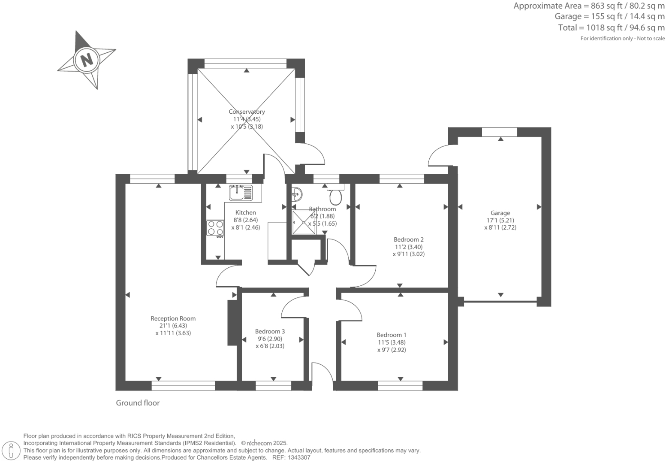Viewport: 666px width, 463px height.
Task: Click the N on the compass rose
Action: tap(87, 60)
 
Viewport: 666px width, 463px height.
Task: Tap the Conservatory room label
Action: tap(247, 112)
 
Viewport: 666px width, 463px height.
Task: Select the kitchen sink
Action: tap(241, 193)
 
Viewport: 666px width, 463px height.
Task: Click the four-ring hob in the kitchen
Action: tap(215, 228)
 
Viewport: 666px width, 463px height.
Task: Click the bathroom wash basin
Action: tap(297, 195)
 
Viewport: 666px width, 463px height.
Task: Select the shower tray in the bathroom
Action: tap(304, 222)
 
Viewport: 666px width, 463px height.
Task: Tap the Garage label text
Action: tap(500, 213)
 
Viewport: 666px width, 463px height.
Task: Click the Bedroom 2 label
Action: tap(409, 239)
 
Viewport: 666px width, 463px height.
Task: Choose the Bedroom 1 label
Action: tap(391, 335)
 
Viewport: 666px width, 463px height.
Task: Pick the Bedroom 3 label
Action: tap(270, 331)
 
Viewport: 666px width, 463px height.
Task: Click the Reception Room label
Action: tap(173, 318)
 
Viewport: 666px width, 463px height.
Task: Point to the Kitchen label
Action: tap(246, 212)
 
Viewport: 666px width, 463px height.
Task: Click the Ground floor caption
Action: tap(138, 403)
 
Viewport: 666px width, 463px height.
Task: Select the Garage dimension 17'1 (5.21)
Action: tap(500, 220)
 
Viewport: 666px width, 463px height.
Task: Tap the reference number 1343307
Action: tap(299, 458)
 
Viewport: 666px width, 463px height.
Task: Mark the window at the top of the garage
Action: tap(500, 132)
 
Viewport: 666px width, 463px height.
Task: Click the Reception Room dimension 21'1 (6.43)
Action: tap(173, 326)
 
